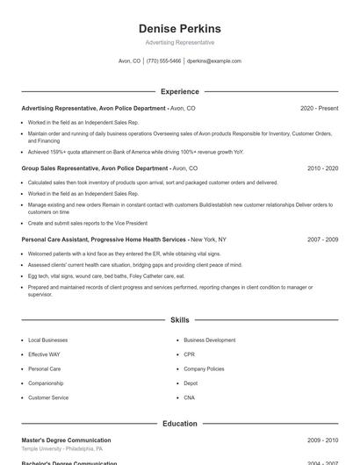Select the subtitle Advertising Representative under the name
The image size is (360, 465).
179,42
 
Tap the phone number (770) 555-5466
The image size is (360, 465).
164,61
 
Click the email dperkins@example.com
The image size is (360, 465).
213,61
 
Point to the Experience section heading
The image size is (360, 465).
179,91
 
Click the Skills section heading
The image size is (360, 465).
179,321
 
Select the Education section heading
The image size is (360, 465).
179,424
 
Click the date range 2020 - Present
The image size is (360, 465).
319,108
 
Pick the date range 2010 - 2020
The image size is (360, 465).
322,168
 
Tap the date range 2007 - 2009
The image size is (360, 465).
322,240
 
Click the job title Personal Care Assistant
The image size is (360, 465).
59,240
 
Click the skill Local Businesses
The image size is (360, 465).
47,340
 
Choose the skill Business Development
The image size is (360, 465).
209,340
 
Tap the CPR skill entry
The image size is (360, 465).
189,354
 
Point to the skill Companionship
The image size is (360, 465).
46,383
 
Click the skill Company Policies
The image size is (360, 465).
204,368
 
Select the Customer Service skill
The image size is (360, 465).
48,397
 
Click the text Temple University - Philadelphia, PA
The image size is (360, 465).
62,448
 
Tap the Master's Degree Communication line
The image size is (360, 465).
66,440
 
